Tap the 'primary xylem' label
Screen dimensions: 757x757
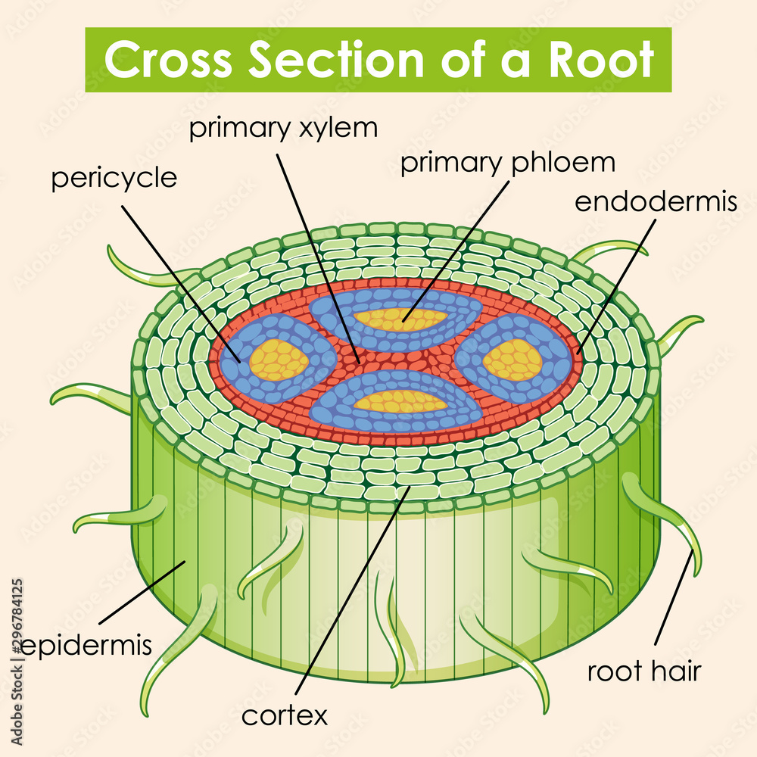point(282,128)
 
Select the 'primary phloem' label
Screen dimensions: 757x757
point(507,163)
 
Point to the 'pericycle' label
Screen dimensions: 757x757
point(114,179)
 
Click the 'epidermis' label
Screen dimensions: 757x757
point(86,646)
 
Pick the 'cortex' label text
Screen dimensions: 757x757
point(284,714)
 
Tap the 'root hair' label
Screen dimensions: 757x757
point(644,671)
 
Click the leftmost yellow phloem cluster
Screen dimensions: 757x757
point(279,360)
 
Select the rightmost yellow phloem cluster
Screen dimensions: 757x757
point(512,360)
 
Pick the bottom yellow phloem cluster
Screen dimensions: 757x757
point(400,399)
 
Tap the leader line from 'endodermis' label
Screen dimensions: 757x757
point(613,288)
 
